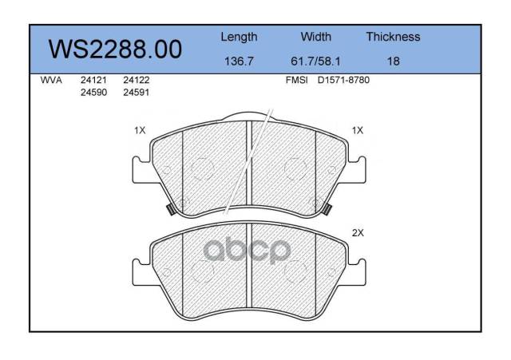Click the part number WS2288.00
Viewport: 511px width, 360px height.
[x=115, y=49]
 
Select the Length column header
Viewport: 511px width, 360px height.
[x=239, y=38]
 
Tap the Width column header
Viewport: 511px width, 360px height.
[x=316, y=37]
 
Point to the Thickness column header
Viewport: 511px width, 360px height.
[x=393, y=37]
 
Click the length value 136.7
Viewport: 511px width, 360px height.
[x=239, y=61]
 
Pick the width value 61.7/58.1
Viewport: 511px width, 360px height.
[x=315, y=61]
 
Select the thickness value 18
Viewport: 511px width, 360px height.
[x=394, y=61]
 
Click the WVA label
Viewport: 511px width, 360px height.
[x=51, y=80]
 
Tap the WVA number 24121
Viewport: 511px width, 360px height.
[x=93, y=80]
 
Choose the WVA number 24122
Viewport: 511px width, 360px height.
[x=137, y=80]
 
